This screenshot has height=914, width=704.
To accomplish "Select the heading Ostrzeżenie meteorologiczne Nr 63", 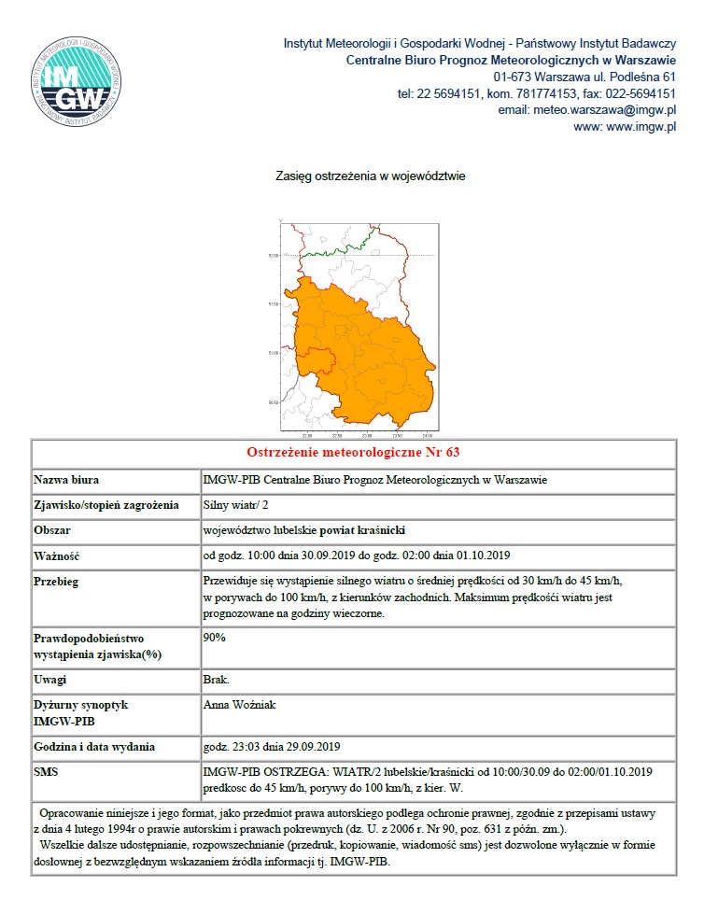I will (x=353, y=453).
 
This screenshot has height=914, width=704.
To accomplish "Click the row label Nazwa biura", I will (x=66, y=480).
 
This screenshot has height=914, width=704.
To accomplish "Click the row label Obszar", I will (x=54, y=530).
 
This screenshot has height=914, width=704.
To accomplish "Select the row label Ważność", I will (x=57, y=555).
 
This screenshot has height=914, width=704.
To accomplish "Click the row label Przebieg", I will (x=57, y=582).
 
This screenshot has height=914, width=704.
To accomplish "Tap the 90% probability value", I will (x=214, y=638).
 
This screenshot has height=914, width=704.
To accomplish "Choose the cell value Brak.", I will (x=216, y=680).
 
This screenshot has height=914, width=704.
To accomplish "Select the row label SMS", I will (x=48, y=772).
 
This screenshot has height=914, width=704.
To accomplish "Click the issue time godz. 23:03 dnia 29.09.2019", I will (x=272, y=746).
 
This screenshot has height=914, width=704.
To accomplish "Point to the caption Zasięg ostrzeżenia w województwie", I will (x=370, y=176).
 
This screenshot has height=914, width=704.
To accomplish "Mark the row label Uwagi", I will (x=52, y=680).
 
